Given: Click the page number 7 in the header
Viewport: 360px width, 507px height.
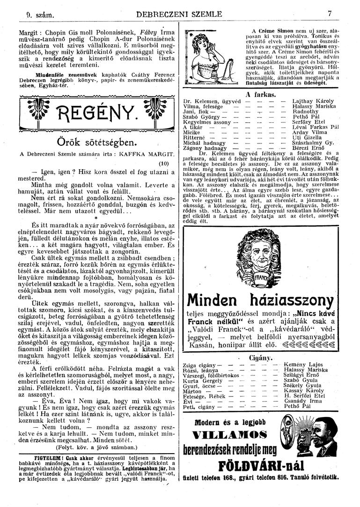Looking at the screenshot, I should pos(330,15).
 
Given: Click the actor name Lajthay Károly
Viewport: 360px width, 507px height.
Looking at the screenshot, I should pos(313,101).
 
